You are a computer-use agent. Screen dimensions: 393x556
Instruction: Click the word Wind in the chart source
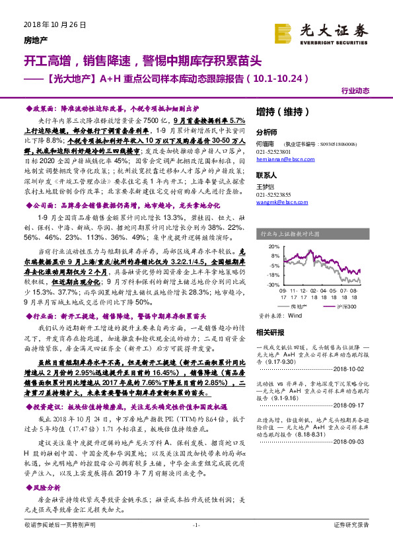pos(295,316)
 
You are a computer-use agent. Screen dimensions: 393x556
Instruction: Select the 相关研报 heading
pos(269,331)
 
